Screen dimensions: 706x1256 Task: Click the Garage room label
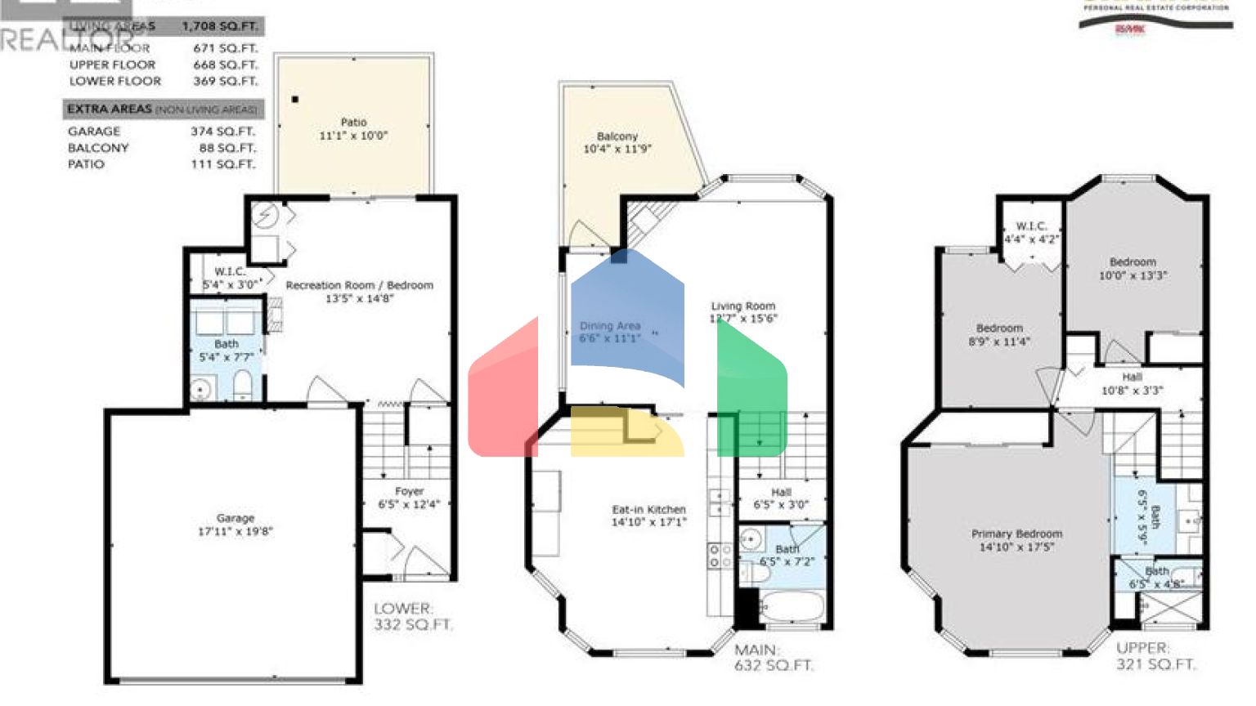coord(235,518)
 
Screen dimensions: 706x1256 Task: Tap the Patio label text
coord(353,123)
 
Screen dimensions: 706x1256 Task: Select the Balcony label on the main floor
coord(617,136)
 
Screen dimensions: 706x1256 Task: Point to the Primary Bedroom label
coord(1017,534)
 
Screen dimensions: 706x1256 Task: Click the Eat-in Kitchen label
coord(649,509)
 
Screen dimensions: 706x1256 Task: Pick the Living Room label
coord(742,306)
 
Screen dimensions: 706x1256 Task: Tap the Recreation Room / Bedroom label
coord(359,285)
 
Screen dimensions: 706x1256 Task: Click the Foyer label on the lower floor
coord(409,491)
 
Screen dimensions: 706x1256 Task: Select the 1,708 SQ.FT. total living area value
coord(219,26)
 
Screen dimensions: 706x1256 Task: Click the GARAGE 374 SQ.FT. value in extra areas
coord(223,132)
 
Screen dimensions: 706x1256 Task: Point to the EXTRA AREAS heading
coord(110,109)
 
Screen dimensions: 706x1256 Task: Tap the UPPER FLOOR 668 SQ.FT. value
coord(225,65)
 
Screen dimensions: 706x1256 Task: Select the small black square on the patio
coord(295,100)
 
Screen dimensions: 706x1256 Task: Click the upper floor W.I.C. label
coord(1031,226)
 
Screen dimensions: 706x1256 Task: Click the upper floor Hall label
coord(1132,377)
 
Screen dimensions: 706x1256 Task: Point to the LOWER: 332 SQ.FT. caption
coord(413,617)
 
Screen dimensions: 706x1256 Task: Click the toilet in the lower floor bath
coord(242,386)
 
